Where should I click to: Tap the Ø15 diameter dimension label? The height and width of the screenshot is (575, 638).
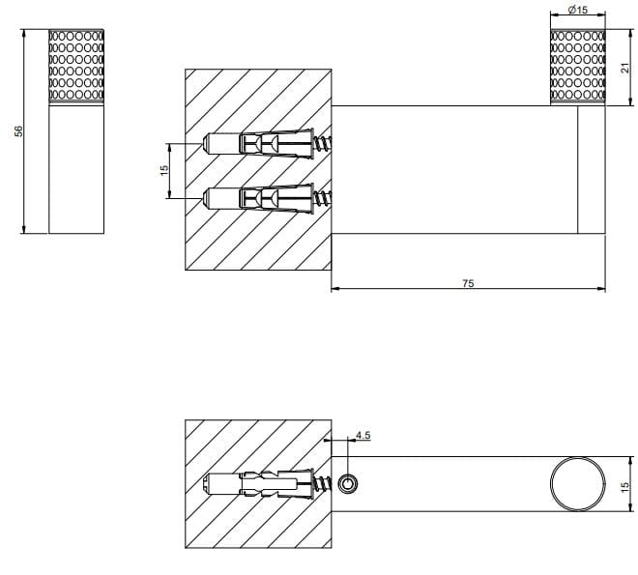[x=578, y=10]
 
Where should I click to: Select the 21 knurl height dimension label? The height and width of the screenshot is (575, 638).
[x=623, y=66]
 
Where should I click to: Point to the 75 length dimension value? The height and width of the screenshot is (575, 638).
[x=468, y=282]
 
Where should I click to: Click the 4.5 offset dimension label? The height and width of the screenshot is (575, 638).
[x=362, y=435]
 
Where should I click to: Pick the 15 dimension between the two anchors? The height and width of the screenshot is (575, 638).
[x=164, y=169]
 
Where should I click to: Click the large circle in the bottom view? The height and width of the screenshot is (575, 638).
[x=577, y=482]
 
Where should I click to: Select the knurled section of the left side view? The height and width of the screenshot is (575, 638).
[x=76, y=66]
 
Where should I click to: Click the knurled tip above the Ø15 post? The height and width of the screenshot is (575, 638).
[x=578, y=66]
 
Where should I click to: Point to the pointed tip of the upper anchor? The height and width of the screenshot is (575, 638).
[x=207, y=144]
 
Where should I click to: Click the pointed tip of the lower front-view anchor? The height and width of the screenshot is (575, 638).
[x=207, y=199]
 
